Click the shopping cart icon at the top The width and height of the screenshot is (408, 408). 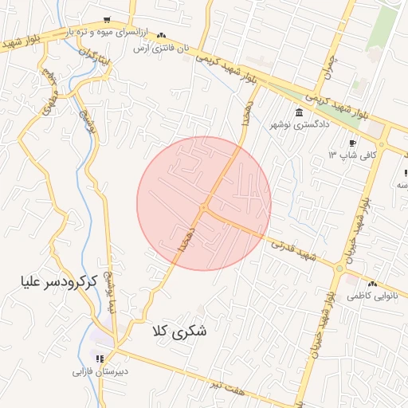pos(108,20)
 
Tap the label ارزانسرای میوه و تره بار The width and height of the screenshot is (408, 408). pos(107,32)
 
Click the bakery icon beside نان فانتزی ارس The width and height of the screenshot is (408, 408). pos(162,36)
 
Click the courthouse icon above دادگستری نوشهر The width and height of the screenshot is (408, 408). pos(299,112)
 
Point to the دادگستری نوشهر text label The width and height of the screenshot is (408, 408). pos(298,124)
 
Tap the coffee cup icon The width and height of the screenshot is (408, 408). pos(352,143)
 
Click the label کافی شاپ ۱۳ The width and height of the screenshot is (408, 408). pos(351,155)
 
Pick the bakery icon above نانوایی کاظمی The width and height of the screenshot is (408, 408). pos(371,284)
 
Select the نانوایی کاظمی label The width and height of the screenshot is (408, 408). pos(371,296)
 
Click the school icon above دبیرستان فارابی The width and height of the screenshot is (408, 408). pos(100,359)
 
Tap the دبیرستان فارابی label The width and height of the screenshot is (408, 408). pos(100,371)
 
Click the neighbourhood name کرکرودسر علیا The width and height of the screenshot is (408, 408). pos(59,282)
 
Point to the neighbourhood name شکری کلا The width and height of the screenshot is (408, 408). pos(178,331)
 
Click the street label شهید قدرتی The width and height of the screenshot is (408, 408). pos(293,249)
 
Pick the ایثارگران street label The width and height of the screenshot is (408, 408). pos(92,57)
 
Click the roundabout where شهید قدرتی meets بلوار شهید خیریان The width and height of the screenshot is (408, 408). pos(340,269)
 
